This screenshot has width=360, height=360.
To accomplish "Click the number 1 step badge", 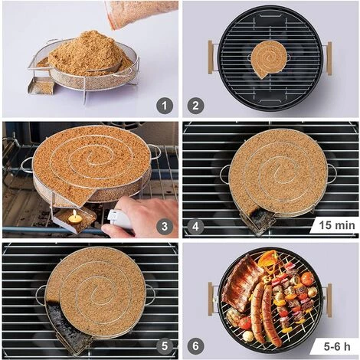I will point(164,106).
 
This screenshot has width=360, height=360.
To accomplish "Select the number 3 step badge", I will point(164,226).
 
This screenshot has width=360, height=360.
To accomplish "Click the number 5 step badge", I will point(164,346).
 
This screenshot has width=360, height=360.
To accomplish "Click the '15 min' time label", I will point(335,226).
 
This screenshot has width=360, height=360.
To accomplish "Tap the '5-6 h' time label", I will point(335,346).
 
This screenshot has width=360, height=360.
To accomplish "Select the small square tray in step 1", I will point(41,86).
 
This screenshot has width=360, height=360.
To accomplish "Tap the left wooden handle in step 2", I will point(210,57).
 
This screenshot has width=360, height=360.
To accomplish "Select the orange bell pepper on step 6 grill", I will point(267,260).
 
